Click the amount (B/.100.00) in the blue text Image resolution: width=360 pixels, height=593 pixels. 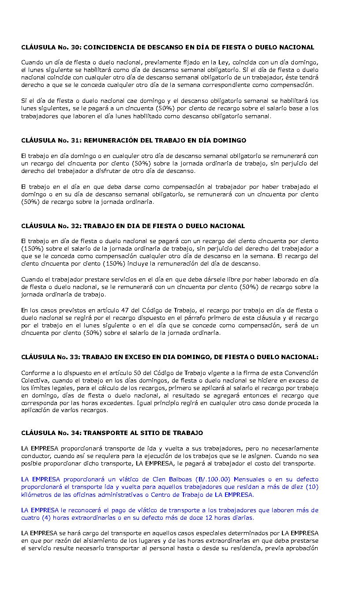[x=214, y=479]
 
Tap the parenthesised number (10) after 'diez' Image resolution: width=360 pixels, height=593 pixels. [x=311, y=487]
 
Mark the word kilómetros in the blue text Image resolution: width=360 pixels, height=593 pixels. [x=37, y=495]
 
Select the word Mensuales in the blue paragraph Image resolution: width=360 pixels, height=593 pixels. [x=251, y=479]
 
